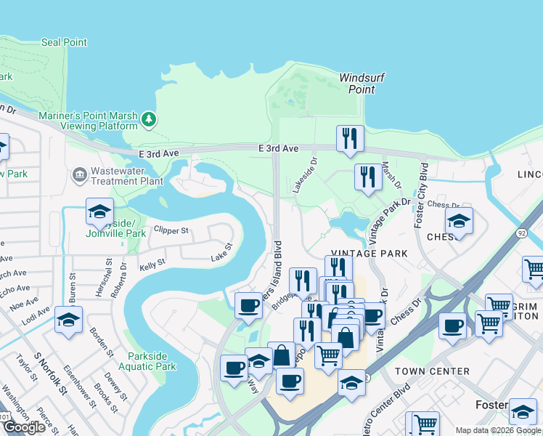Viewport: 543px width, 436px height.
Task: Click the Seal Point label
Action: click(64, 42)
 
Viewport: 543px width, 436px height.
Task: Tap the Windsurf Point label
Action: click(362, 84)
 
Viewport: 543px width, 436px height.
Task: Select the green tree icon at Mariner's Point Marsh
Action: click(149, 118)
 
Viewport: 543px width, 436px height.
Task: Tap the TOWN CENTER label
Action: click(432, 371)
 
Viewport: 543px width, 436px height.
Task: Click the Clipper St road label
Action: click(171, 231)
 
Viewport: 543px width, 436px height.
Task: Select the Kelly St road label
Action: click(152, 265)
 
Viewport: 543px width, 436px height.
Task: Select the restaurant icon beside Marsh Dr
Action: click(368, 175)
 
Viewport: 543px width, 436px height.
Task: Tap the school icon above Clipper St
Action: click(99, 211)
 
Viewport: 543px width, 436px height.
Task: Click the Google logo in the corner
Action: click(24, 427)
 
